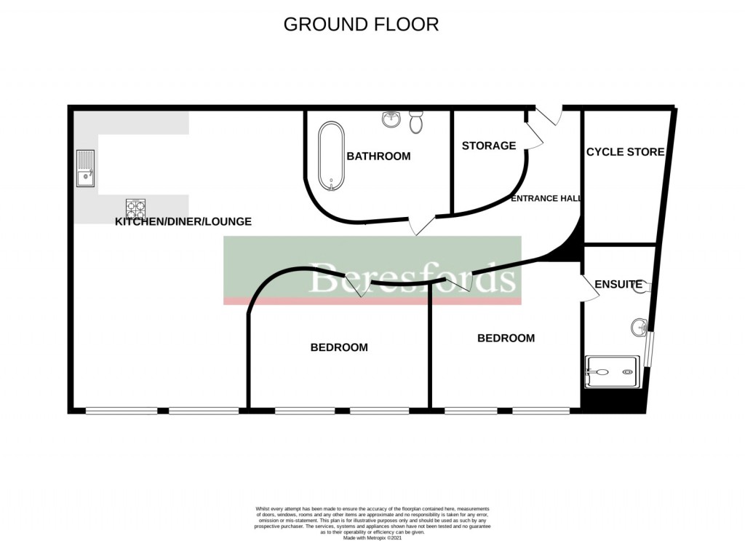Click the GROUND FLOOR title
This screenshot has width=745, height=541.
(x=361, y=24)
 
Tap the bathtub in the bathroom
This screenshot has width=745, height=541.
(x=332, y=155)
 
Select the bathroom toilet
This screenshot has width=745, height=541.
(x=416, y=122)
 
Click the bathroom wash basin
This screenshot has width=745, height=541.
(x=391, y=119)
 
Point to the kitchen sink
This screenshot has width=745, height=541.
(x=86, y=168)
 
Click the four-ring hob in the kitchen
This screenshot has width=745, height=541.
(x=135, y=209)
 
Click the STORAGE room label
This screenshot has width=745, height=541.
(x=488, y=146)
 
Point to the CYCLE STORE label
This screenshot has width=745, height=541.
(x=625, y=151)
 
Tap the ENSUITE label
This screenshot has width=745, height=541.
(x=618, y=284)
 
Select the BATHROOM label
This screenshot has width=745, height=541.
(x=378, y=156)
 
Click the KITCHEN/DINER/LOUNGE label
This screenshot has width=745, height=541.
(x=183, y=221)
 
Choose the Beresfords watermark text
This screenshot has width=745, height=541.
(x=413, y=278)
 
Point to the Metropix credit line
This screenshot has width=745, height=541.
(x=372, y=537)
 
